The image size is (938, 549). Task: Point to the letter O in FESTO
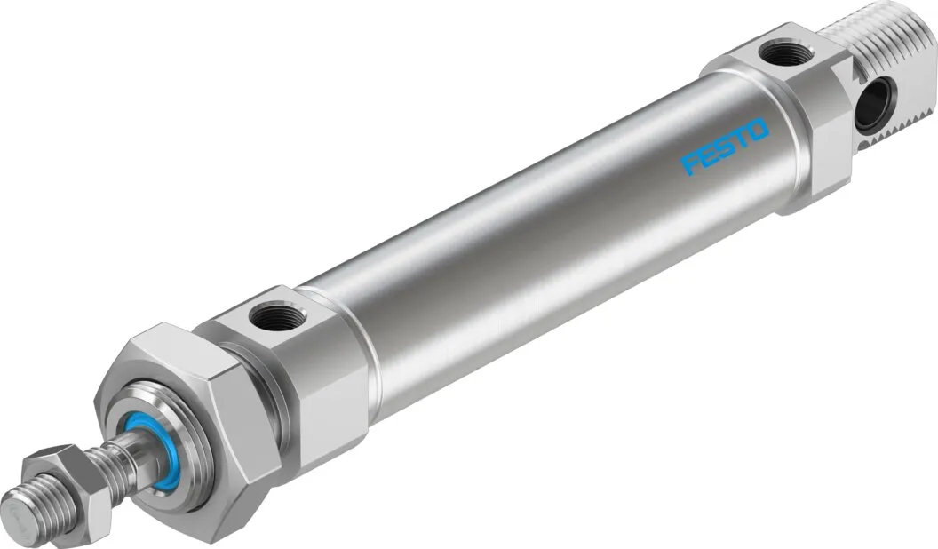pyautogui.click(x=757, y=131)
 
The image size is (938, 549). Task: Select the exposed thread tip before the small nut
pyautogui.click(x=36, y=511)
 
